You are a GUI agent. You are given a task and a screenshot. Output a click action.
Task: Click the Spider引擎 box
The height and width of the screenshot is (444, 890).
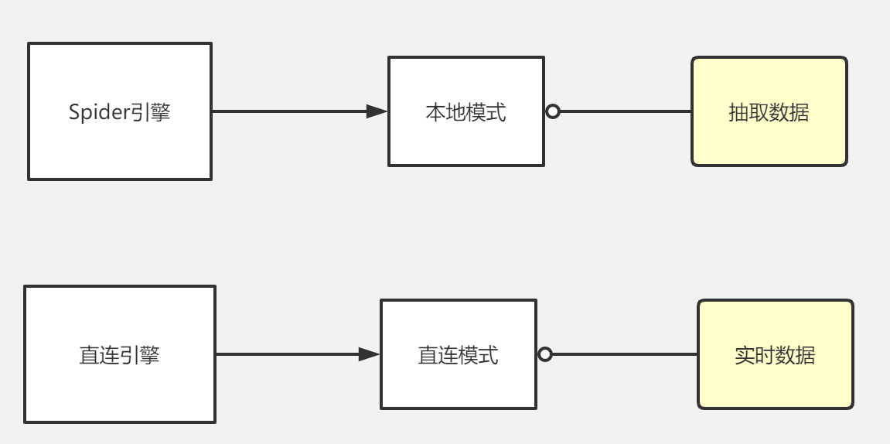(120, 147)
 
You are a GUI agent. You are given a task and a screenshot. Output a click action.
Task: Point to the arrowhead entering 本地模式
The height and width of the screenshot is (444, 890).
(377, 111)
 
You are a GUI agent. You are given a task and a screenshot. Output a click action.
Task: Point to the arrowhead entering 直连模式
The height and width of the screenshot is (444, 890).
(369, 354)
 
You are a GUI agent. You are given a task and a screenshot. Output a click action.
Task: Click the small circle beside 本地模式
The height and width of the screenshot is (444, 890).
(553, 111)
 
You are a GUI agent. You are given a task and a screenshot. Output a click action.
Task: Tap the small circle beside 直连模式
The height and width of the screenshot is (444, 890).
(545, 354)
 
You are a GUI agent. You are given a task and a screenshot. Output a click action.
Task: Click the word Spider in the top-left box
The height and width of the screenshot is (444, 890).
(97, 112)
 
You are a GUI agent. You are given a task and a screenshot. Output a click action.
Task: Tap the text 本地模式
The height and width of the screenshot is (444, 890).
(465, 112)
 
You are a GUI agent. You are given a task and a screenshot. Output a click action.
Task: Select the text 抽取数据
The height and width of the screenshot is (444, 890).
(769, 112)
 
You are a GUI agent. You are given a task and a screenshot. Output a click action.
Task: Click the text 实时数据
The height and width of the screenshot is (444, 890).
(775, 355)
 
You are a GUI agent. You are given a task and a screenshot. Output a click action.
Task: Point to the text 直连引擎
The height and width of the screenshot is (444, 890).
(119, 355)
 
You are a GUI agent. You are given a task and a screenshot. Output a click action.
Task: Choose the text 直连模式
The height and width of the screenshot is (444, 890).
(458, 355)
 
